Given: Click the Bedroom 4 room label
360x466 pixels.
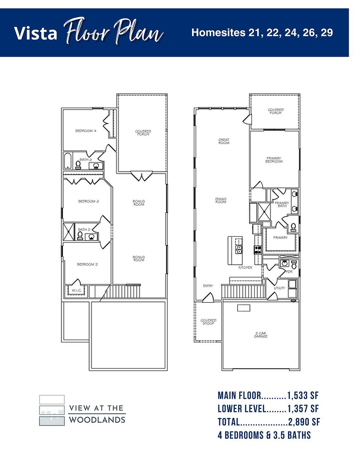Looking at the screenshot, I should coord(86,131).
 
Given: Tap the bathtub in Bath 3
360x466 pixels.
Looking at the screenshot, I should coord(68,160).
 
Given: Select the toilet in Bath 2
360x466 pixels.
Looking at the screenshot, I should coord(79,235).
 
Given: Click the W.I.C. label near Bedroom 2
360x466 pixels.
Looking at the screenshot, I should coord(76,290).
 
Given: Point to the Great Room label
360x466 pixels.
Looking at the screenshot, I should coord(224,141).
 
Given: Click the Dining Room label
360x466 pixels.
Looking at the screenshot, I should coord(221,201).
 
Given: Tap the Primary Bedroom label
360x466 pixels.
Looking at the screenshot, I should coord(274,160).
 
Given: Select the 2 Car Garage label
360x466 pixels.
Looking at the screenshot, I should coord(261,335).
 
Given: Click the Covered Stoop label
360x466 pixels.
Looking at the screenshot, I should coord(208,322).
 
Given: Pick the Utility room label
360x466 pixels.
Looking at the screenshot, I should coord(279,288).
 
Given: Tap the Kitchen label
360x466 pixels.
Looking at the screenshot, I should coord(246,268).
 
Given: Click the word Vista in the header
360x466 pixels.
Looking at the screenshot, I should coord(36,33).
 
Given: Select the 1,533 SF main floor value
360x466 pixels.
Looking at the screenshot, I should coord(303,395).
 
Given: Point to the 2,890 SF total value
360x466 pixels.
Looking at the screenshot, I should coord(304,422).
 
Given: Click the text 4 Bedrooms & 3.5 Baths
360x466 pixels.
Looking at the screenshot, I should coord(264,435).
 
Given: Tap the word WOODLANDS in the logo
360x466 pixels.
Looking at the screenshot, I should coord(97,420).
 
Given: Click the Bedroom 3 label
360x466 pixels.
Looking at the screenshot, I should coord(88,201).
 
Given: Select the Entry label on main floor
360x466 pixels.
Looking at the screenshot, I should coord(208,286).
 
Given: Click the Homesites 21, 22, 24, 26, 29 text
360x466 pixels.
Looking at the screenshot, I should coord(262,33).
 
